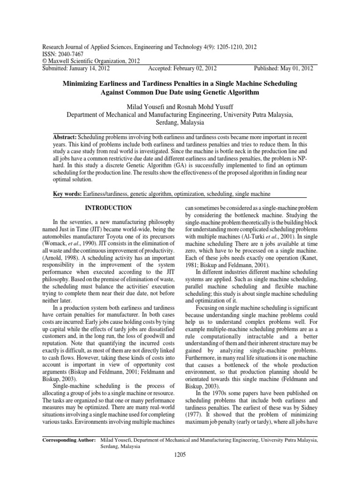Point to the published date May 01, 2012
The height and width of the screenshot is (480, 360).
pyautogui.click(x=296, y=68)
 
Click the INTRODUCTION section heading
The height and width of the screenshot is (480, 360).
pyautogui.click(x=107, y=208)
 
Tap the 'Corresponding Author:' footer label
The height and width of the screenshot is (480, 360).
pyautogui.click(x=69, y=441)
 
